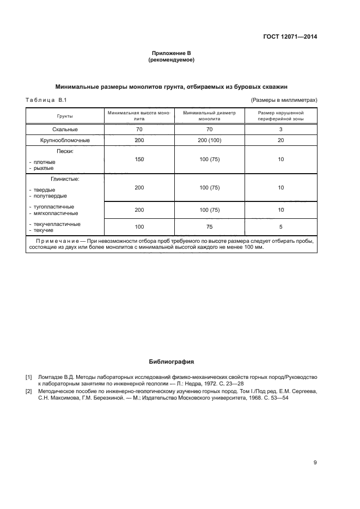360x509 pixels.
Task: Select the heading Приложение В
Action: coord(171,53)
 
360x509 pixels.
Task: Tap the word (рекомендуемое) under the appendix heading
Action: coord(171,60)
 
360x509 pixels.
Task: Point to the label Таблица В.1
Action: coord(46,100)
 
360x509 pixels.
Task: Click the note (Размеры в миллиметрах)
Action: coord(284,100)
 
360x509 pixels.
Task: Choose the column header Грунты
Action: coord(65,116)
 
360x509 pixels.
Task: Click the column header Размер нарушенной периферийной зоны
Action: coord(281,115)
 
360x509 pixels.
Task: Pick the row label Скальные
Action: coord(65,130)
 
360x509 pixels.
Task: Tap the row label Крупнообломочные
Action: coord(65,140)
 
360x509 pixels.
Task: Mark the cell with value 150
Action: coord(138,160)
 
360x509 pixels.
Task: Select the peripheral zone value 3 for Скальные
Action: coord(281,130)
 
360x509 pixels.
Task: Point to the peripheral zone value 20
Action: coord(281,140)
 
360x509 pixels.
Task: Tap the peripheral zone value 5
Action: coord(281,226)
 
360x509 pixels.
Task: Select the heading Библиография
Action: coord(171,361)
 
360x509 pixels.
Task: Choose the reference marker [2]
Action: coord(29,391)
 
